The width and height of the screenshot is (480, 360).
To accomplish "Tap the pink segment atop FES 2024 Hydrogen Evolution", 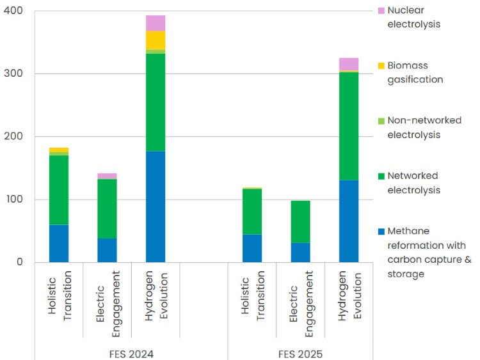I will click(x=155, y=23).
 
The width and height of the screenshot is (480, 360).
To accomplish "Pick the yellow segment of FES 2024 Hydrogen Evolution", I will click(x=155, y=40).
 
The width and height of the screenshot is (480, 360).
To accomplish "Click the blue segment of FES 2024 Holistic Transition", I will click(x=59, y=243).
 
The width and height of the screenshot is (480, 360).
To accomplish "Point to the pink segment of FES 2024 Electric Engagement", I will click(x=107, y=176).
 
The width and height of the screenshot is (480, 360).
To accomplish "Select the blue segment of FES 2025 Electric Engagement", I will click(x=300, y=252).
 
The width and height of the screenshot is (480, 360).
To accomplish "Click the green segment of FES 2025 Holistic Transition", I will click(x=252, y=212).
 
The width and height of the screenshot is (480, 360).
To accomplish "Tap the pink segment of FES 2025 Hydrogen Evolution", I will click(x=349, y=63).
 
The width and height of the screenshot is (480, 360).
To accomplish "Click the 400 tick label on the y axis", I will click(x=13, y=11).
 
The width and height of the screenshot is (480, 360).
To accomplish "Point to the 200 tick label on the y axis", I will click(x=13, y=136).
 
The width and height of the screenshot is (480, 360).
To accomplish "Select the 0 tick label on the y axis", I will click(x=19, y=262).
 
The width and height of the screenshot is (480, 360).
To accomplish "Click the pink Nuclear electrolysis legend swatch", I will click(x=381, y=11).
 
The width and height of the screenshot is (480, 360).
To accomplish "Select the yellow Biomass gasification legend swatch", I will click(x=381, y=66).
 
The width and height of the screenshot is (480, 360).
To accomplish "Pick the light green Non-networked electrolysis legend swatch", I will click(x=381, y=121).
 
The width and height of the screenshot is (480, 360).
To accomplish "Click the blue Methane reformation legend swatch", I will click(x=381, y=231).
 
